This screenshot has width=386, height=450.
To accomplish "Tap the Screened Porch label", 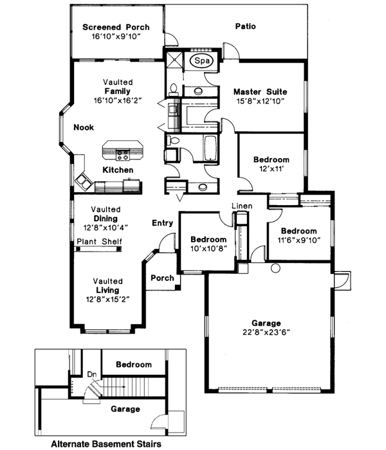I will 116,28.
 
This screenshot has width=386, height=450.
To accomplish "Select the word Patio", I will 245,27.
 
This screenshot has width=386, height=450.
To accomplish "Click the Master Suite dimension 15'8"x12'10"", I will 260,101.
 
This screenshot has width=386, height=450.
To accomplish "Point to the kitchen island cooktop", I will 122,154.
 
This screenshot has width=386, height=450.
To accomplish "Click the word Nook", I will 83,127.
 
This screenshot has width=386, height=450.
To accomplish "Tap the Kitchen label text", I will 118,170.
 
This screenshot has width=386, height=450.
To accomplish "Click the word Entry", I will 162,223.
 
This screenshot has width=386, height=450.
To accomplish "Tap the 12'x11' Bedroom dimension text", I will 271,169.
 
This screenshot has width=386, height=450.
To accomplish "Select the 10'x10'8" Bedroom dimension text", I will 208,249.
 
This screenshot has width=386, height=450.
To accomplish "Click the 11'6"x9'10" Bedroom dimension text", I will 299,241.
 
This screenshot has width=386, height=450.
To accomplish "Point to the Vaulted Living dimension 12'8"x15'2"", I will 108,300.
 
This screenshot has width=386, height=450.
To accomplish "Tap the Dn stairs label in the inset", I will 91,373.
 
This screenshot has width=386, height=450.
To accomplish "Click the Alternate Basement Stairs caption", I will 106,444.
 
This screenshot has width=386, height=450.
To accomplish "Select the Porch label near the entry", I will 161,278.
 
